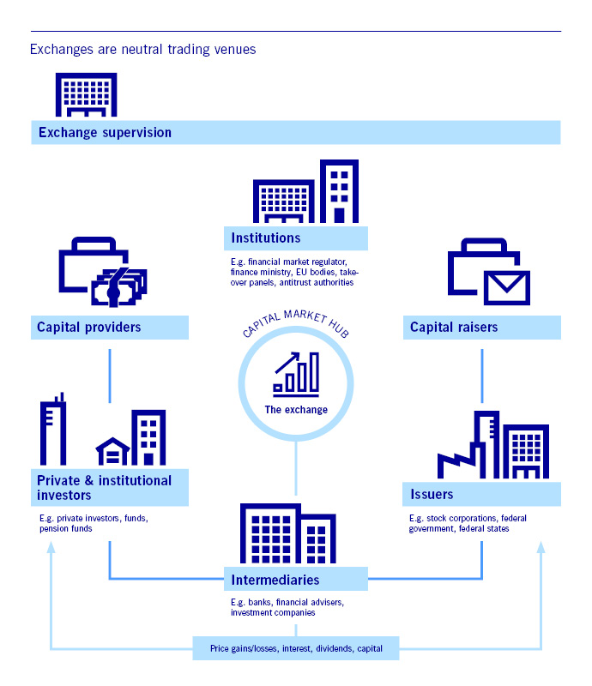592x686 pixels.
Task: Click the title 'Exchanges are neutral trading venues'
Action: pos(142,50)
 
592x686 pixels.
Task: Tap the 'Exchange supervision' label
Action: pos(105,133)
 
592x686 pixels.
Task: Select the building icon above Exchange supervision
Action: pos(87,94)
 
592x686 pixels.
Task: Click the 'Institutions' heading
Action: pos(266,238)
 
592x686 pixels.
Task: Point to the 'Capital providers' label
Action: pos(89,328)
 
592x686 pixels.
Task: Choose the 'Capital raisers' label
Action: pos(454,328)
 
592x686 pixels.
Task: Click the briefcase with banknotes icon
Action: pos(103,272)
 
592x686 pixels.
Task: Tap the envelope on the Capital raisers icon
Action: pos(507,287)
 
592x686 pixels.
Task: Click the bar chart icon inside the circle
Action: pos(297,374)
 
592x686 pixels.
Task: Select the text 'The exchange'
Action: pos(296,410)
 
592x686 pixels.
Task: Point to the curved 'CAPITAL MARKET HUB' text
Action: pos(295,323)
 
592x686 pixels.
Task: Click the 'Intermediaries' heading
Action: pos(275,581)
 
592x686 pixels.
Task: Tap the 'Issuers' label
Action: pos(432,495)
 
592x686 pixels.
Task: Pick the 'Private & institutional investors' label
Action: pos(104,488)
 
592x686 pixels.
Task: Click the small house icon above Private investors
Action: pos(113,451)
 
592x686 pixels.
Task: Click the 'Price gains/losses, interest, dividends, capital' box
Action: pos(296,648)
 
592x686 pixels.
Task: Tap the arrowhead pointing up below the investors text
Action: pos(51,547)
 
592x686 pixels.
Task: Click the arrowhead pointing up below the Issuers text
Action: pos(541,547)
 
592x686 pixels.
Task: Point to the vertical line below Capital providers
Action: pos(110,376)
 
